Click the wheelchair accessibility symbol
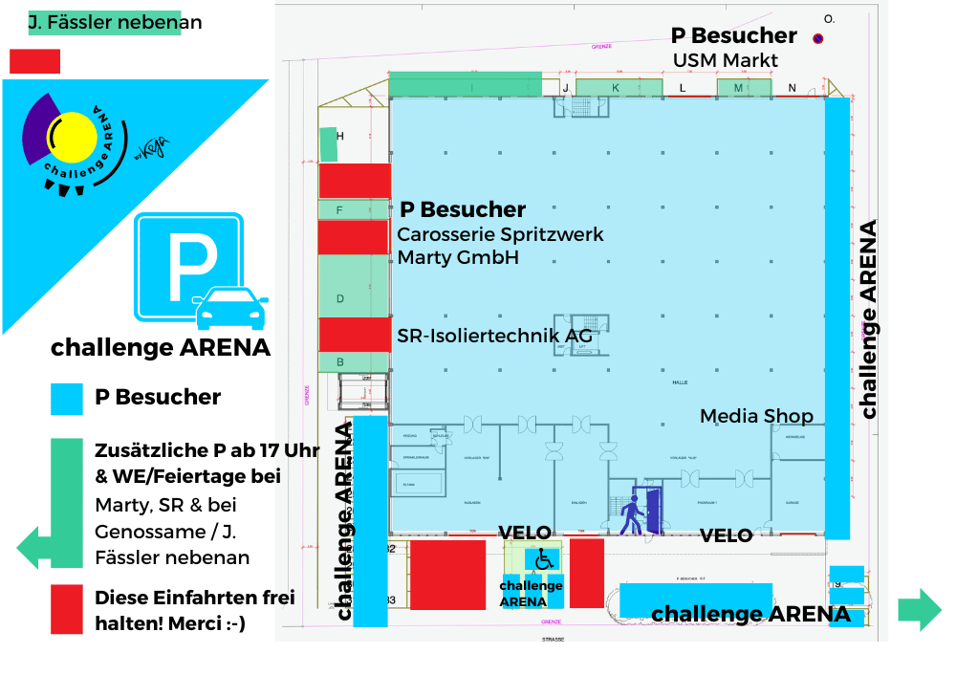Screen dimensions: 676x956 542,558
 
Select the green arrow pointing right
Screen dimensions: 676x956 919,609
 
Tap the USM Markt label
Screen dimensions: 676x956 726,61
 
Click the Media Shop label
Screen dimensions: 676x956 756,416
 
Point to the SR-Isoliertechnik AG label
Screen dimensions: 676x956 494,337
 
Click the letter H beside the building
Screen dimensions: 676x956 339,137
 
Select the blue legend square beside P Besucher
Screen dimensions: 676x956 67,399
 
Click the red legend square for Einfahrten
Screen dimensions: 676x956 67,609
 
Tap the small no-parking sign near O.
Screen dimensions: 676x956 817,39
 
